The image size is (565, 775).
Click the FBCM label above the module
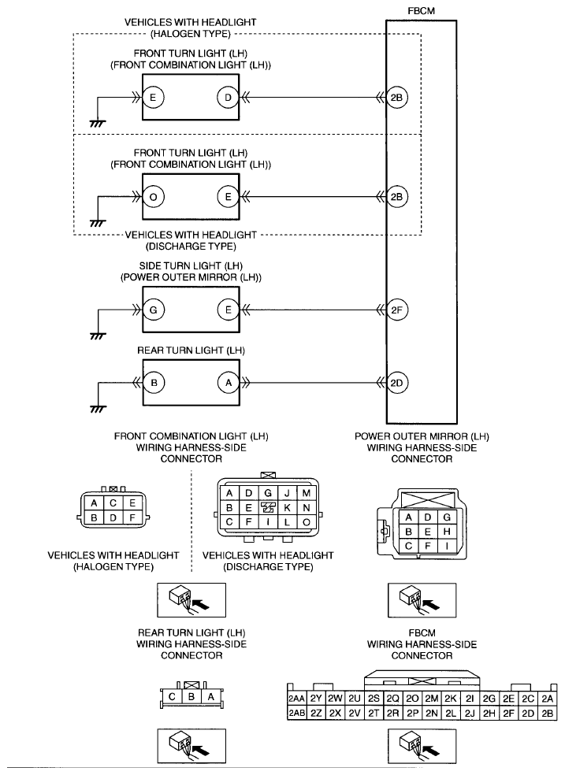(x=421, y=10)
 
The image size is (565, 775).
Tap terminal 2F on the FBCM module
(x=396, y=310)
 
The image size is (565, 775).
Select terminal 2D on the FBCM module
(x=396, y=383)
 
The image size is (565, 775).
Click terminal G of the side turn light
(x=153, y=310)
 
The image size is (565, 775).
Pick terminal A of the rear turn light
(x=229, y=383)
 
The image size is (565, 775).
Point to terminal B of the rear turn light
(x=154, y=383)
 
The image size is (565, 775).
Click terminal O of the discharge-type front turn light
(x=153, y=197)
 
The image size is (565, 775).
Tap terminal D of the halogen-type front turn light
(x=228, y=98)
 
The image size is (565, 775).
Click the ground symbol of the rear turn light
(x=99, y=409)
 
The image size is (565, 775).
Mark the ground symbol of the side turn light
(x=99, y=336)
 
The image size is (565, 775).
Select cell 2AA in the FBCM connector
(x=296, y=699)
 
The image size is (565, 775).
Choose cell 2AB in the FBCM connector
(x=296, y=713)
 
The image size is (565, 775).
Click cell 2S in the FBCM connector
(x=374, y=699)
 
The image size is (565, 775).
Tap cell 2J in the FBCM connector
(x=470, y=713)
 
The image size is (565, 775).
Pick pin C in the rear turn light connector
(x=172, y=697)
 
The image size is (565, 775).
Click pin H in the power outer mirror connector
(x=447, y=532)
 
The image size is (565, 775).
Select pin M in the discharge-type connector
(x=306, y=493)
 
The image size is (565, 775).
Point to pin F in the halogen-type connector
(x=132, y=518)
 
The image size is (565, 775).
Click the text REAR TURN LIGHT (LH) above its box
(x=191, y=350)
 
